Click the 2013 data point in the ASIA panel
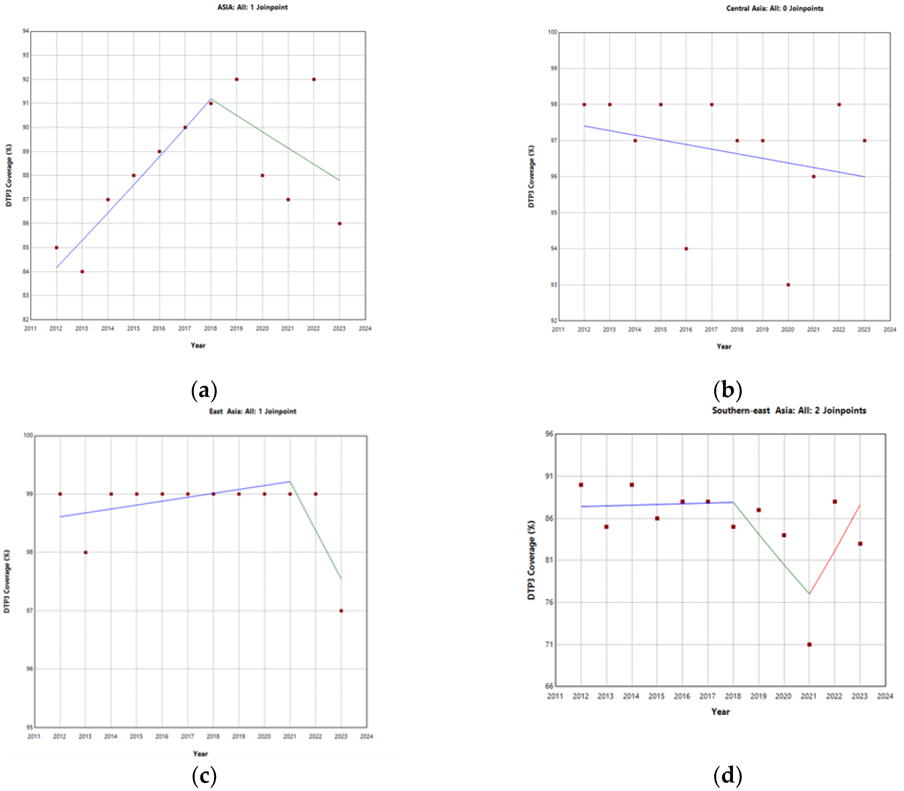pyautogui.click(x=82, y=271)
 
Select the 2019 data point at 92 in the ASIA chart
pyautogui.click(x=237, y=80)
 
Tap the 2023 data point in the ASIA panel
pyautogui.click(x=339, y=223)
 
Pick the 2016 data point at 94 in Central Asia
pyautogui.click(x=686, y=249)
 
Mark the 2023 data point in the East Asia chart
pyautogui.click(x=341, y=611)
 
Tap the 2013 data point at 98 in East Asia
pyautogui.click(x=86, y=552)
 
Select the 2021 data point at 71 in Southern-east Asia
pyautogui.click(x=809, y=644)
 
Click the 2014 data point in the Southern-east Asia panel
pyautogui.click(x=632, y=485)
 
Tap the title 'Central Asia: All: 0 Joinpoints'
pyautogui.click(x=775, y=9)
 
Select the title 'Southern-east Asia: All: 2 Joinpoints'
pyautogui.click(x=789, y=411)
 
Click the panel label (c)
pyautogui.click(x=204, y=776)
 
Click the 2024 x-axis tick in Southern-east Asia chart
pyautogui.click(x=885, y=696)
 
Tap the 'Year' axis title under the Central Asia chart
pyautogui.click(x=724, y=347)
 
